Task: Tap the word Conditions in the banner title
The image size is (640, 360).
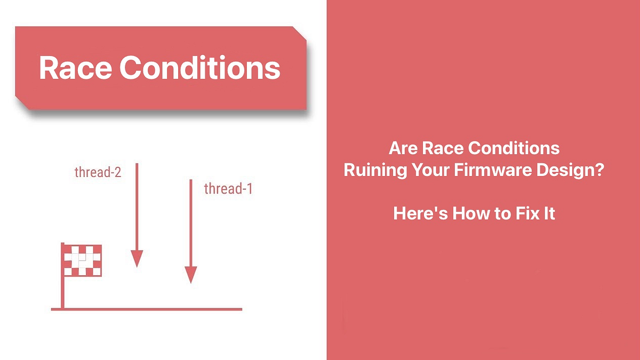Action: pyautogui.click(x=199, y=68)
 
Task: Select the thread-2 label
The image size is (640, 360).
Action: pyautogui.click(x=98, y=172)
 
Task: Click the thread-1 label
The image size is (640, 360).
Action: pyautogui.click(x=228, y=188)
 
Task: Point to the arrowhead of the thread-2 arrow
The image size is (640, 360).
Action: pyautogui.click(x=137, y=258)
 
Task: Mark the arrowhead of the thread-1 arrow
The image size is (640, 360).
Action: pyautogui.click(x=191, y=275)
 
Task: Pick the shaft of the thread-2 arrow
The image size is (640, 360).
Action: pyautogui.click(x=137, y=208)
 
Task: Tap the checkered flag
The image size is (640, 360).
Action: pyautogui.click(x=83, y=260)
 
